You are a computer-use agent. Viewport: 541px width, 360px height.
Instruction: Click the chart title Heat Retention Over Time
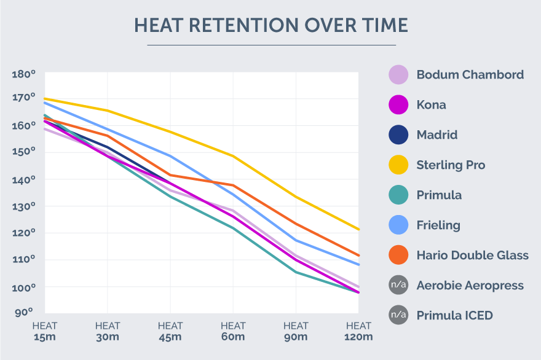pos(271,25)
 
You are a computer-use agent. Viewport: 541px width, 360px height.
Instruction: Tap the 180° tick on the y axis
pos(24,74)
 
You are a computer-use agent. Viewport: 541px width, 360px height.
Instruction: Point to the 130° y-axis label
pos(24,206)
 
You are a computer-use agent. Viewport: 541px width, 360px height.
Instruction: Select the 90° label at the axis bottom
pos(24,313)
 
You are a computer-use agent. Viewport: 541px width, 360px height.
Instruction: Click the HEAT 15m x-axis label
pos(45,331)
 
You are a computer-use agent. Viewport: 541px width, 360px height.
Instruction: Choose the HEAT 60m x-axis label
pos(233,331)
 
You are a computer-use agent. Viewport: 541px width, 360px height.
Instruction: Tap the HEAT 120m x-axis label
pos(358,331)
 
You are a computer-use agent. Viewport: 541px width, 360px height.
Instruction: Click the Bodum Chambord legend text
pos(470,75)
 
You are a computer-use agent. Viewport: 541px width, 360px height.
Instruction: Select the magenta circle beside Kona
pos(398,105)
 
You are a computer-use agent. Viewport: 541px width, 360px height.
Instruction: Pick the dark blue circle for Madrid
pos(398,135)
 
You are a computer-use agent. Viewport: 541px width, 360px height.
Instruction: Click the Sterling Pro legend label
pos(451,165)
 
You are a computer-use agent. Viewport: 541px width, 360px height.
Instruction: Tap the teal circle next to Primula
pos(398,195)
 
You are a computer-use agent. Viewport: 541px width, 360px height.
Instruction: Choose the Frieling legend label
pos(438,225)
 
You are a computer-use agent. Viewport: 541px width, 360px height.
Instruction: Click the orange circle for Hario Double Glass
pos(398,255)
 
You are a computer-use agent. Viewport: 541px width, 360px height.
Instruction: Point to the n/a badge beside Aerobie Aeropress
pos(398,285)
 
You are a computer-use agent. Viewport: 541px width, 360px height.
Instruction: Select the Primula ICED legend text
pos(454,316)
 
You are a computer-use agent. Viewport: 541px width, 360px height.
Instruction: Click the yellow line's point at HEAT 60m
pos(233,156)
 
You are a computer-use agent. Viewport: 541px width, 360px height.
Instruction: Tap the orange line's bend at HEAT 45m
pos(170,175)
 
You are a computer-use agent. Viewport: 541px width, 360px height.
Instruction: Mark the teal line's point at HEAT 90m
pos(296,272)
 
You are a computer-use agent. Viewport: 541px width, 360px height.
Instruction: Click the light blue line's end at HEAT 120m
pos(358,265)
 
